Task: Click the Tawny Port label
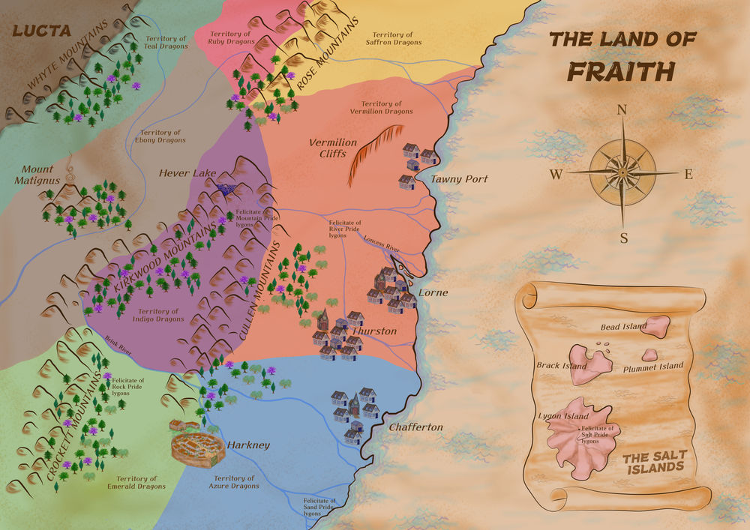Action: (459, 179)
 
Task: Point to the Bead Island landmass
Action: (657, 325)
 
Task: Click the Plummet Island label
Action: (653, 366)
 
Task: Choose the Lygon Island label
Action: (562, 415)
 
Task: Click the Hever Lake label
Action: (187, 173)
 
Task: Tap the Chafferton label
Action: (415, 427)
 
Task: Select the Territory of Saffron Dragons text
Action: (393, 38)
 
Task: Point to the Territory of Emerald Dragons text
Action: (137, 482)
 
